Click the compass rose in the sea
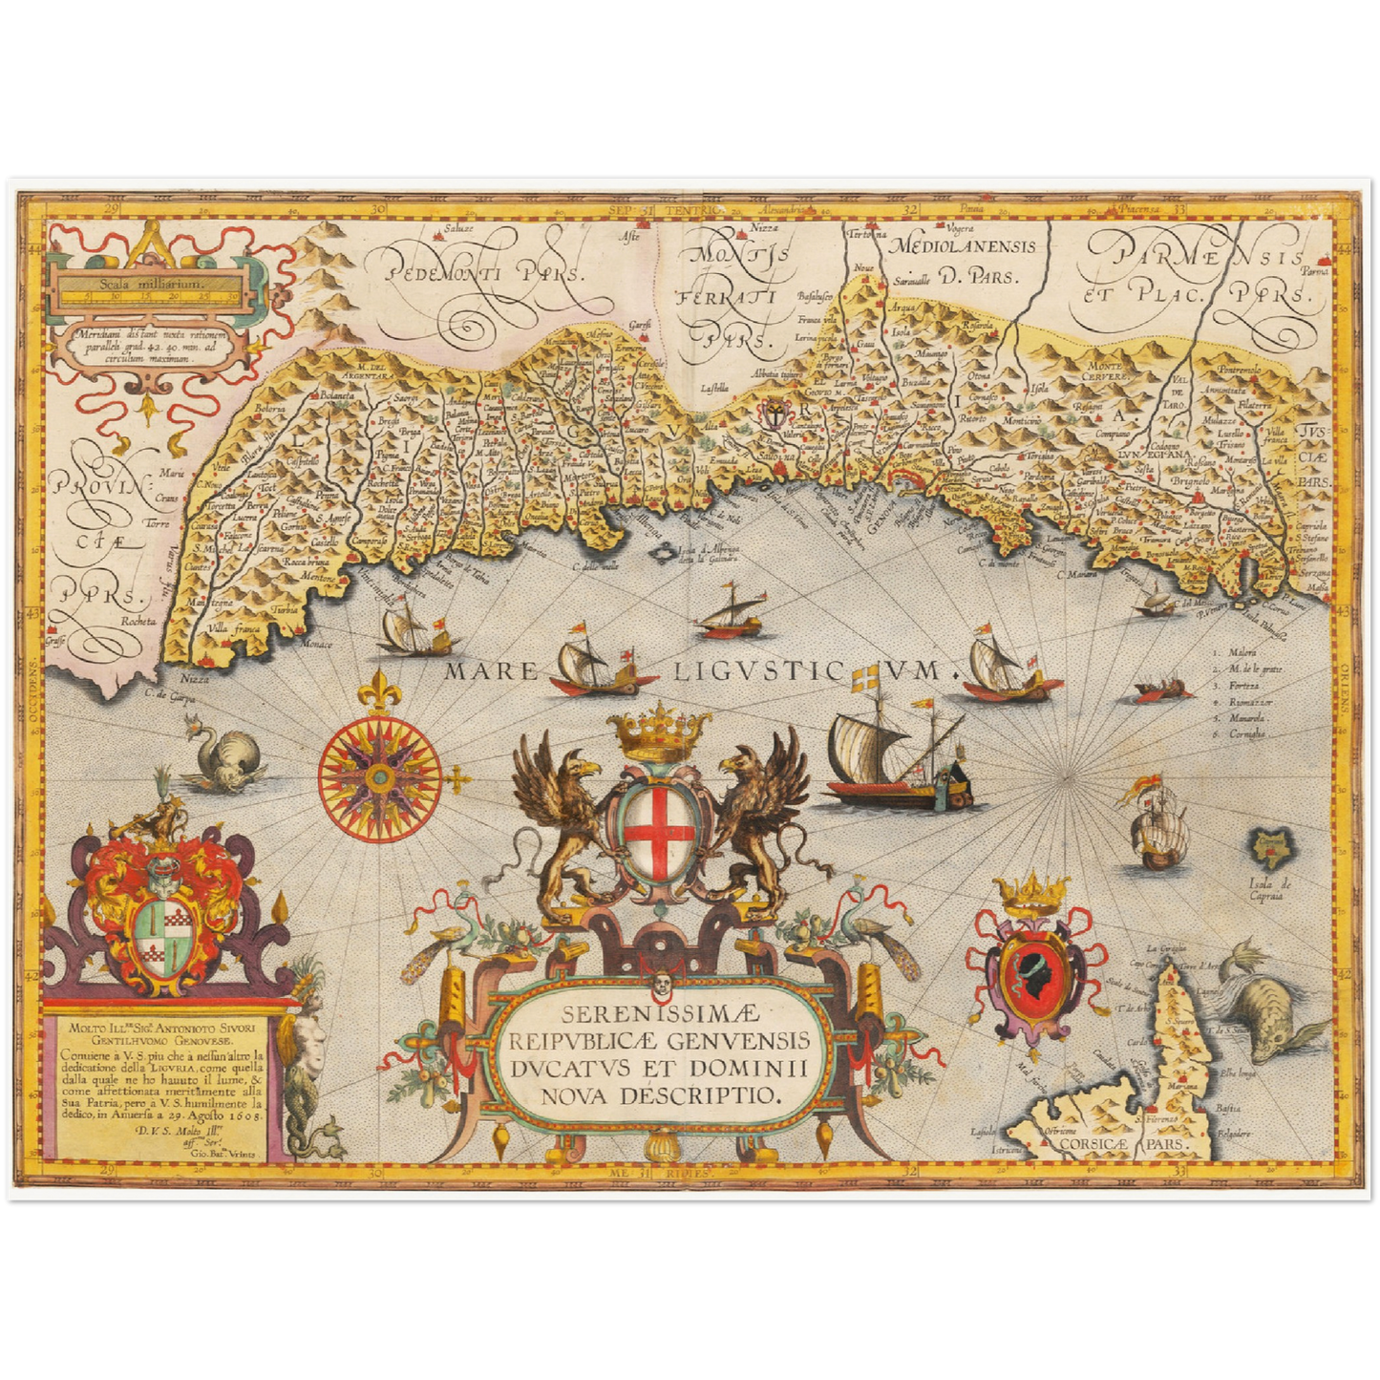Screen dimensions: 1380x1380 point(380,770)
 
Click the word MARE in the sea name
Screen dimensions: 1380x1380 point(491,671)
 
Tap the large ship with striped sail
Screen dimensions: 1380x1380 point(883,754)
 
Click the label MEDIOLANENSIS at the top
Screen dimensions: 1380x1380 point(963,246)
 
